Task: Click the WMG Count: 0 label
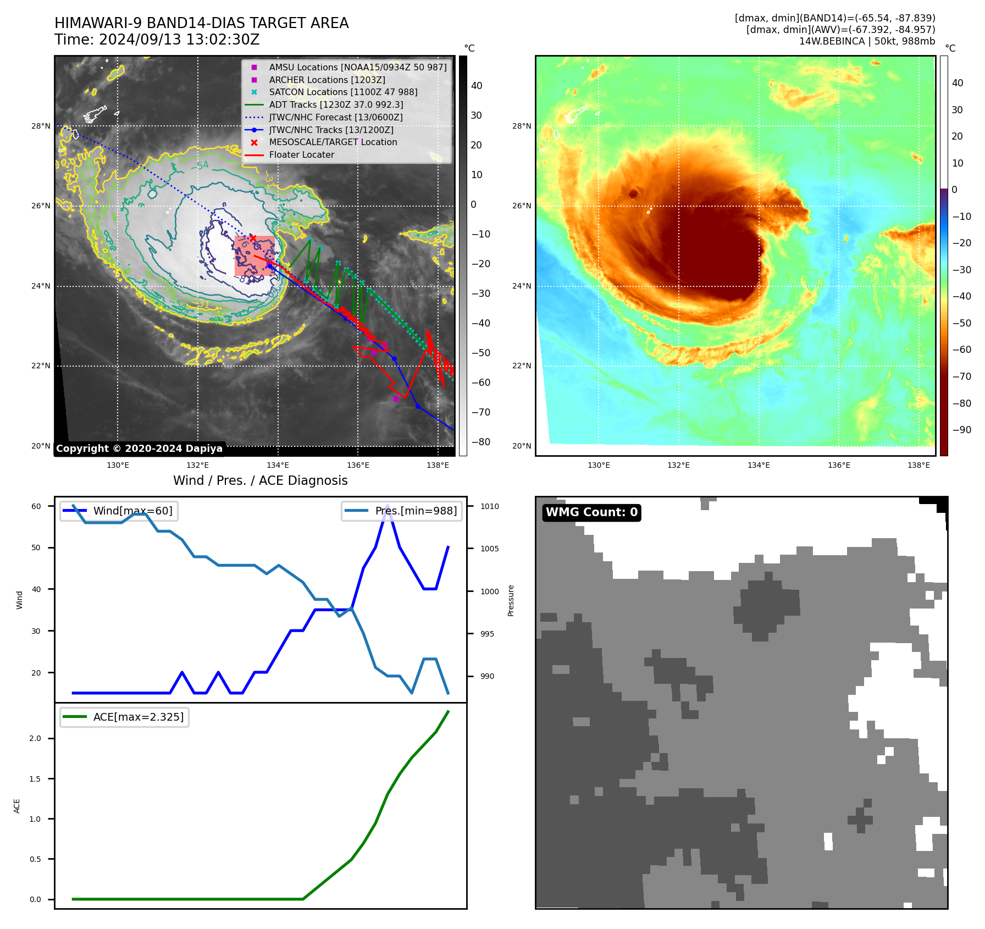click(591, 512)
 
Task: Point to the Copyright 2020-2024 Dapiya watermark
click(139, 449)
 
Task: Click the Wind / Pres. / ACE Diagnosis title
click(260, 480)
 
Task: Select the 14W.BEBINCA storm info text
click(866, 41)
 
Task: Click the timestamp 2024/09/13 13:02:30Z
click(179, 40)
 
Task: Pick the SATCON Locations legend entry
click(343, 92)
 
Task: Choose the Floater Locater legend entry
click(301, 154)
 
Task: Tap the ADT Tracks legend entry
click(336, 104)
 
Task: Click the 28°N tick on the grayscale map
click(41, 126)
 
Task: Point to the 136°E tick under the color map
click(839, 465)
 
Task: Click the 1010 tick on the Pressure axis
click(489, 506)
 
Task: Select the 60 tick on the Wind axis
click(36, 506)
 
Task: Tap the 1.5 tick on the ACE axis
click(35, 779)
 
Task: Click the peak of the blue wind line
click(388, 506)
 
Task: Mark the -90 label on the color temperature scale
click(961, 430)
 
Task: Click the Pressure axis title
click(511, 600)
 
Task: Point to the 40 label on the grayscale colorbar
click(477, 86)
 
